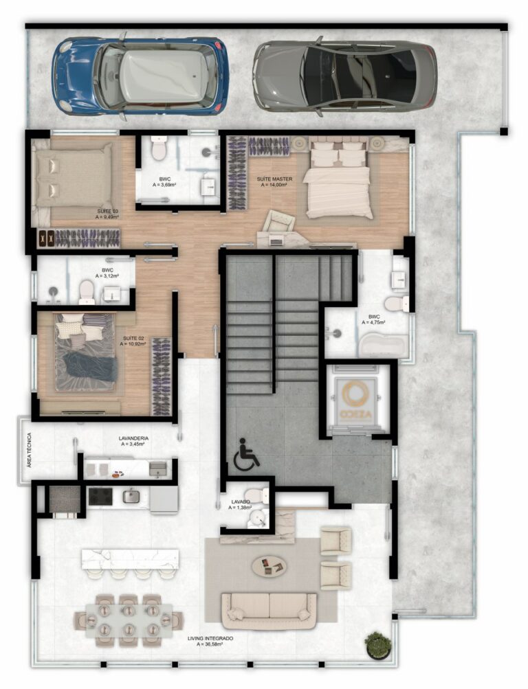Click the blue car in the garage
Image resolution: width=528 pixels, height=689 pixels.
click(x=140, y=75)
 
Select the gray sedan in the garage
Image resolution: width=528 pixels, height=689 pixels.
click(x=344, y=75)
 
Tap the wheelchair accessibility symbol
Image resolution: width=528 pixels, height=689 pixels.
click(x=245, y=456)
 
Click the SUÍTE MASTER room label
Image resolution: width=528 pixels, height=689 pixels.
click(x=274, y=179)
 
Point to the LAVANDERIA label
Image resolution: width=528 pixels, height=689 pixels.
click(x=133, y=438)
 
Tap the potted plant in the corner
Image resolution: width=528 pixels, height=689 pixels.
click(x=377, y=644)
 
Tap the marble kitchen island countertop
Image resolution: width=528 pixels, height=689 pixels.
click(x=130, y=558)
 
